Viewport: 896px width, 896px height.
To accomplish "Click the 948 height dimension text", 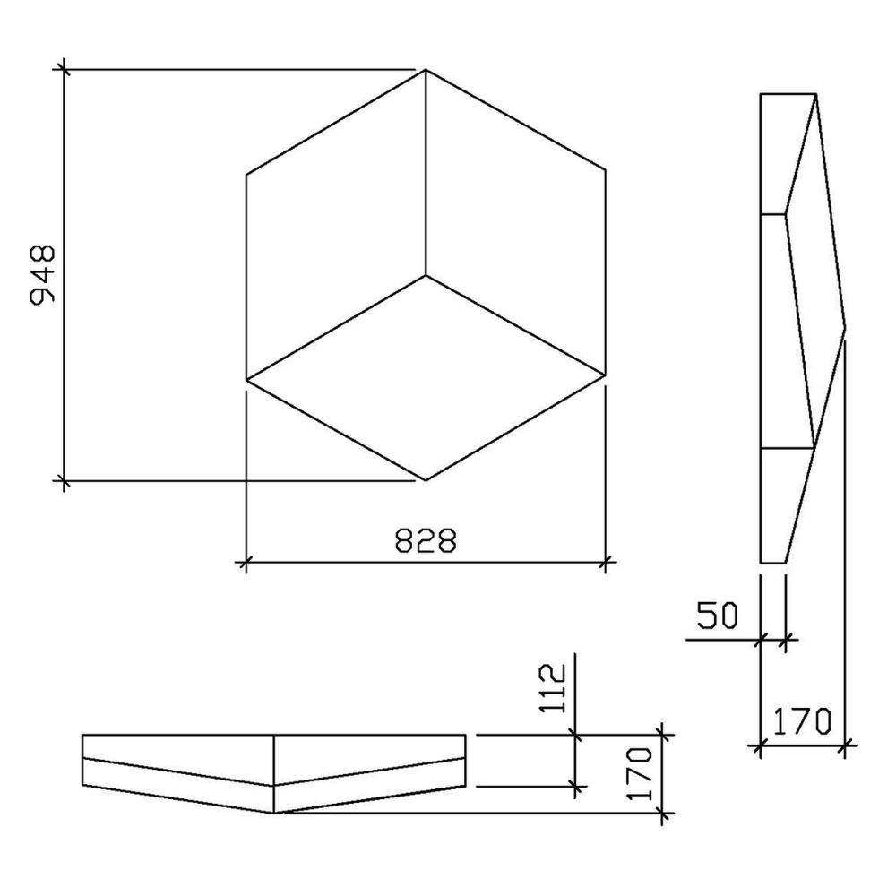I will [42, 274].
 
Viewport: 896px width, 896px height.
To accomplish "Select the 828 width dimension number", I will [426, 540].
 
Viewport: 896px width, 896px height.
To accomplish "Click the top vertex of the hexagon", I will [426, 69].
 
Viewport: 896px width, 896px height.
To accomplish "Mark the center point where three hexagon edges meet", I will [426, 275].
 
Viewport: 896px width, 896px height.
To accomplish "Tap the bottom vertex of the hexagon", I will [426, 480].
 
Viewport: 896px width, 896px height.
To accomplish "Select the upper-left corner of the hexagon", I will [246, 172].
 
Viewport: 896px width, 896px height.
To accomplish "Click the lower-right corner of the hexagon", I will [606, 377].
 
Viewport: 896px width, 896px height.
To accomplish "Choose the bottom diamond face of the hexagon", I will [426, 377].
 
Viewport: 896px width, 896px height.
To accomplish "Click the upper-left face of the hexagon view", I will [336, 224].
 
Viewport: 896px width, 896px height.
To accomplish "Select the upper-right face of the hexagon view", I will [515, 224].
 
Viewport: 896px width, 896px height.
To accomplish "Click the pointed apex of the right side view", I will [846, 327].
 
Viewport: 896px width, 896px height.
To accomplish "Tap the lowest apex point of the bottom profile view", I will [275, 813].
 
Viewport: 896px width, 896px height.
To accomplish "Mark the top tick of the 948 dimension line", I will [63, 69].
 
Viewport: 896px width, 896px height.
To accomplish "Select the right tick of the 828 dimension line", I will [606, 563].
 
